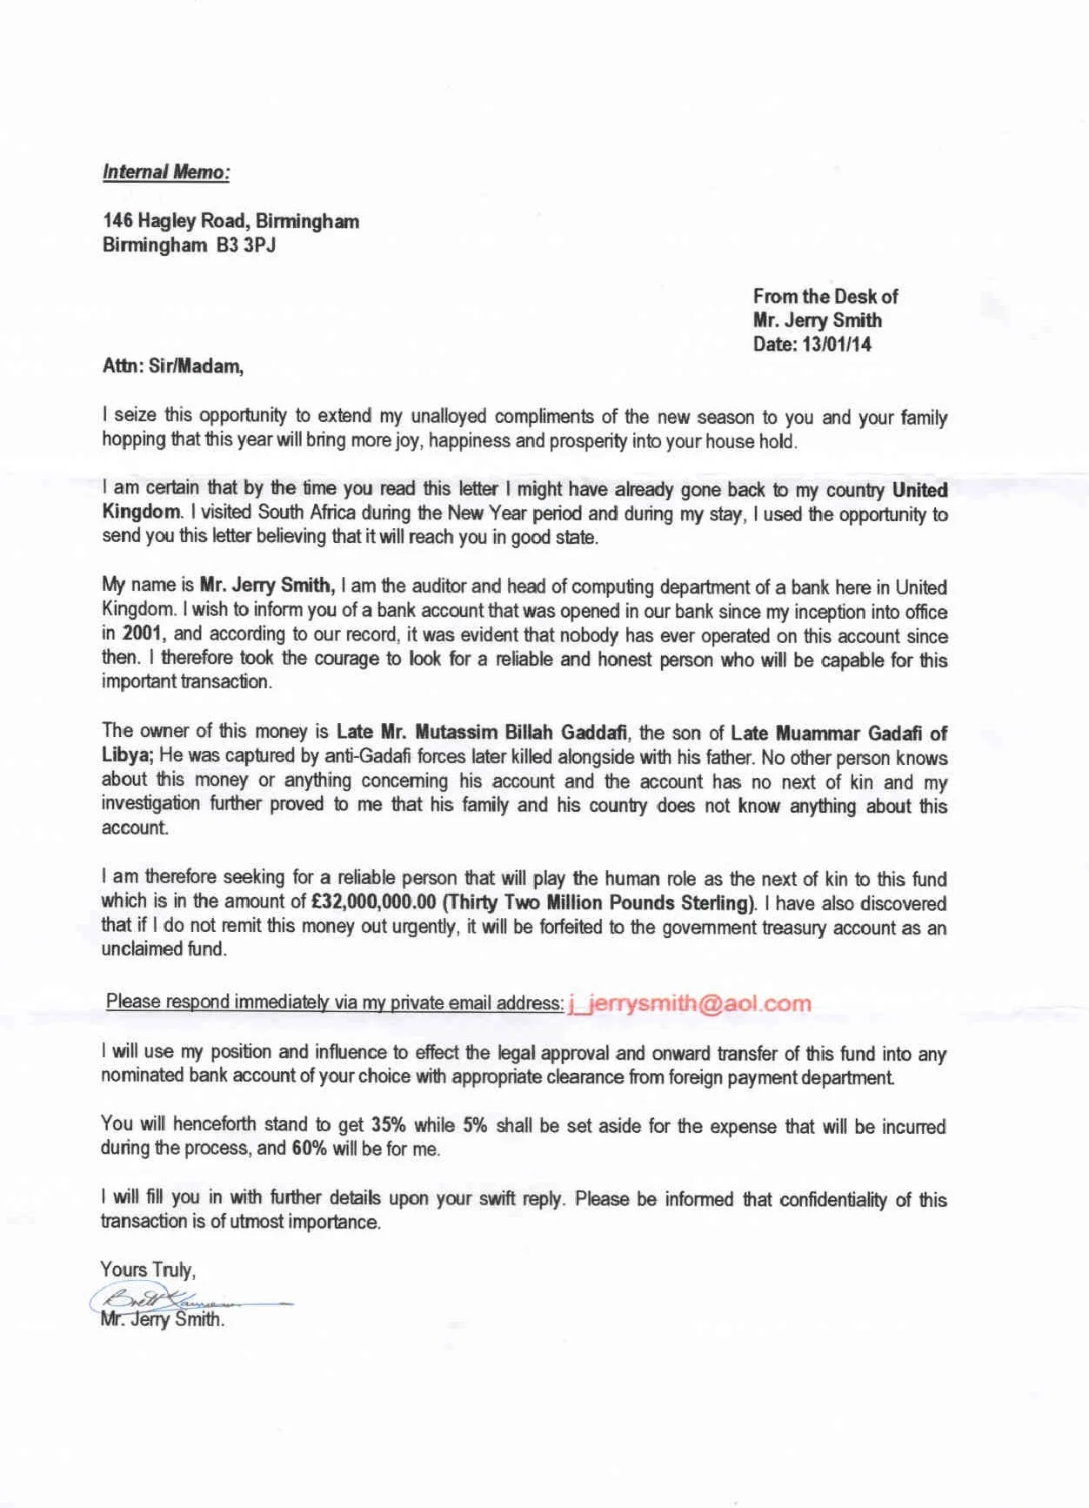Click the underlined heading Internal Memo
[x=165, y=171]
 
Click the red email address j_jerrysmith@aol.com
[x=689, y=1003]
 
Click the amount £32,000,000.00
[x=373, y=902]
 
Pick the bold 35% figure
[x=390, y=1124]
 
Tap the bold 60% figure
[x=309, y=1149]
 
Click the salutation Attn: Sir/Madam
[x=172, y=366]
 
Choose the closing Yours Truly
[x=148, y=1270]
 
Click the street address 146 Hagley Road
[x=173, y=221]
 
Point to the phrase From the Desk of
[x=825, y=297]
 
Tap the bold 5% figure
[x=474, y=1124]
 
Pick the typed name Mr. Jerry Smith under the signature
[x=162, y=1320]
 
